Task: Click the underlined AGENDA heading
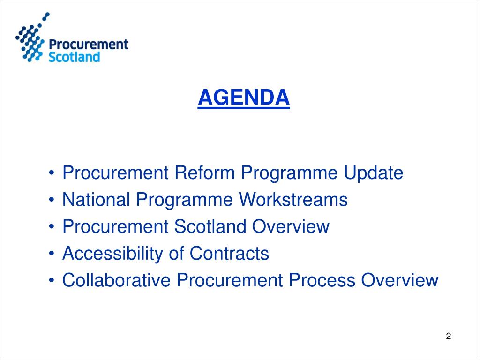pos(244,97)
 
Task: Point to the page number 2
pos(449,336)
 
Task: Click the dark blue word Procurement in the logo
pos(89,45)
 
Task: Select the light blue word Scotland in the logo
pos(75,58)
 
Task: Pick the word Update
pos(374,173)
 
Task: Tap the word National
pos(97,200)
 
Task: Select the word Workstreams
pos(293,200)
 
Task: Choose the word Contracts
pos(229,254)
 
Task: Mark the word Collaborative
pos(117,281)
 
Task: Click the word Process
pos(322,281)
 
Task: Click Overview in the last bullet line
pos(400,281)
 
